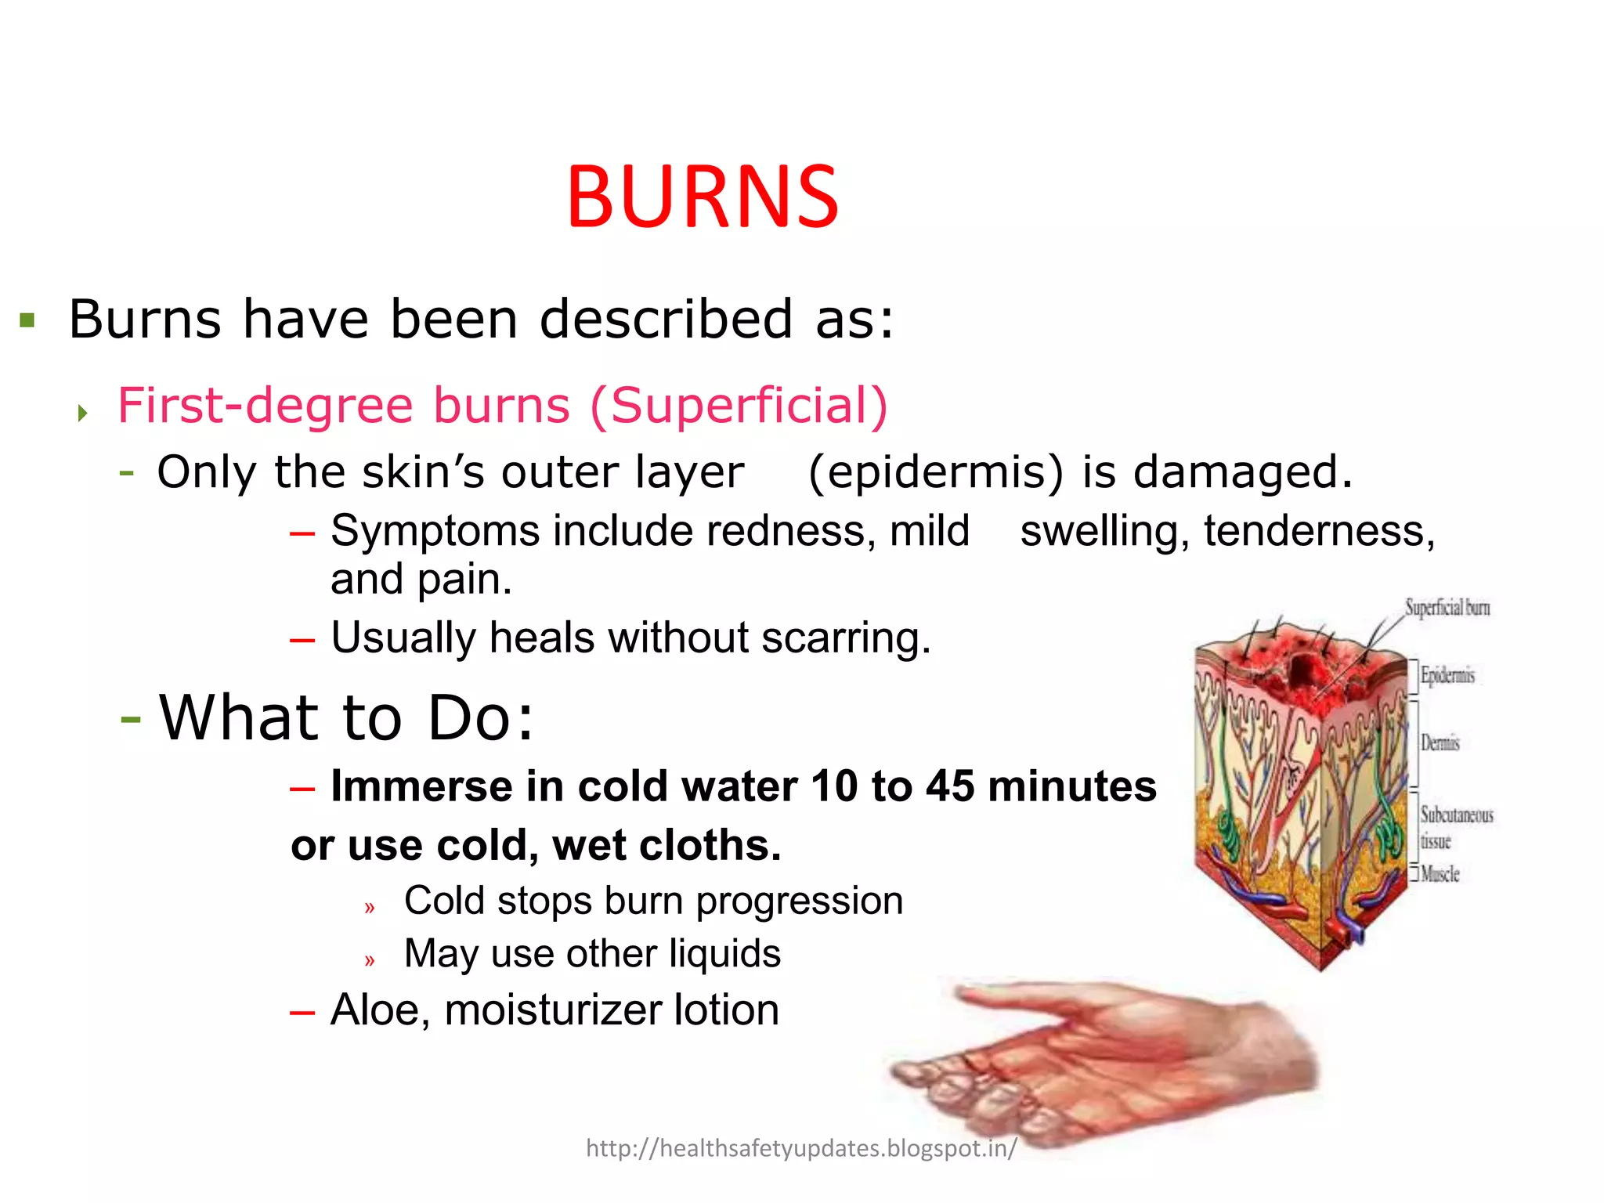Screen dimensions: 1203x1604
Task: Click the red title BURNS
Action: click(x=703, y=197)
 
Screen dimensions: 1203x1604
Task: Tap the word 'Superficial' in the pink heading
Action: click(x=739, y=406)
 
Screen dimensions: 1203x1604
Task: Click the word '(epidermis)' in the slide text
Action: click(x=936, y=472)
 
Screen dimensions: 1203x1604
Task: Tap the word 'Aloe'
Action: click(x=380, y=1010)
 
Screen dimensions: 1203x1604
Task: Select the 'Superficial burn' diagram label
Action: click(x=1447, y=608)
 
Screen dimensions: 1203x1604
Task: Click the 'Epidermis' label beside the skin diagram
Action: click(x=1447, y=675)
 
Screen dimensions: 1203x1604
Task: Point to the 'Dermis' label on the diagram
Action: click(x=1440, y=742)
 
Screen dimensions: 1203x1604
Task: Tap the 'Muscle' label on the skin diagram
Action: click(x=1440, y=874)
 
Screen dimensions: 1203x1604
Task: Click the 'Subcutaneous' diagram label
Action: click(x=1457, y=815)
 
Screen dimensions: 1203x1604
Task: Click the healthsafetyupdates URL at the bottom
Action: click(x=801, y=1148)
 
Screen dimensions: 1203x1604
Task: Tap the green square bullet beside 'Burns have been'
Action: click(x=27, y=320)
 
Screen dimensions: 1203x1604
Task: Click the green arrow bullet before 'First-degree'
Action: click(x=83, y=413)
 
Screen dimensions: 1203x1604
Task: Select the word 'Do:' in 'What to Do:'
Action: click(x=480, y=717)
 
